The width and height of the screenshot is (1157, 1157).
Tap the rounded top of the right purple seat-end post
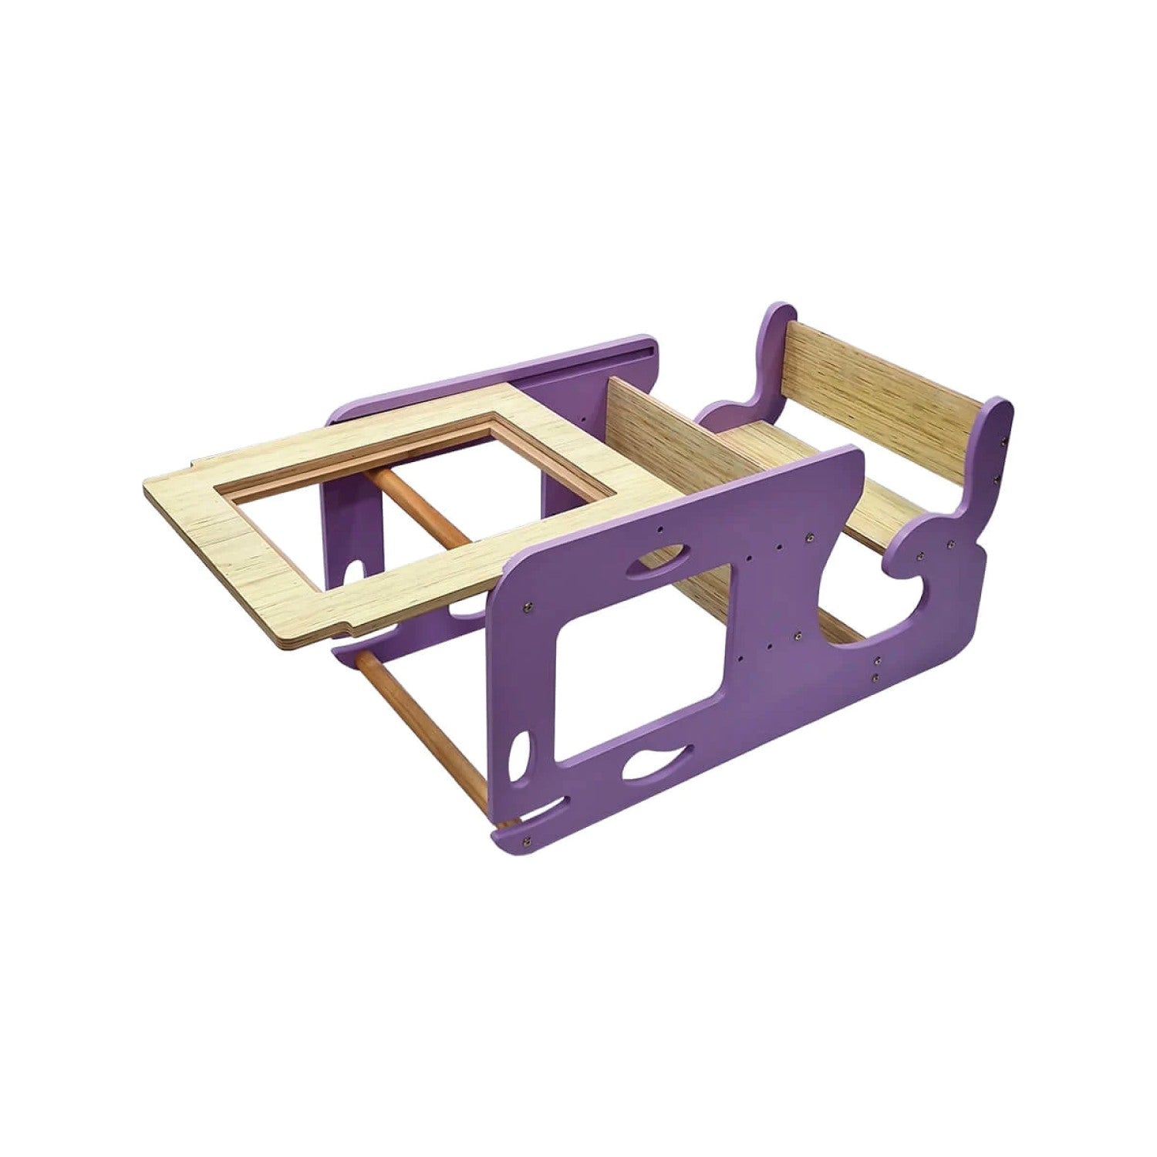999,413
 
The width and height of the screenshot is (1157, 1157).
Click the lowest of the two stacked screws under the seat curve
876,678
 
